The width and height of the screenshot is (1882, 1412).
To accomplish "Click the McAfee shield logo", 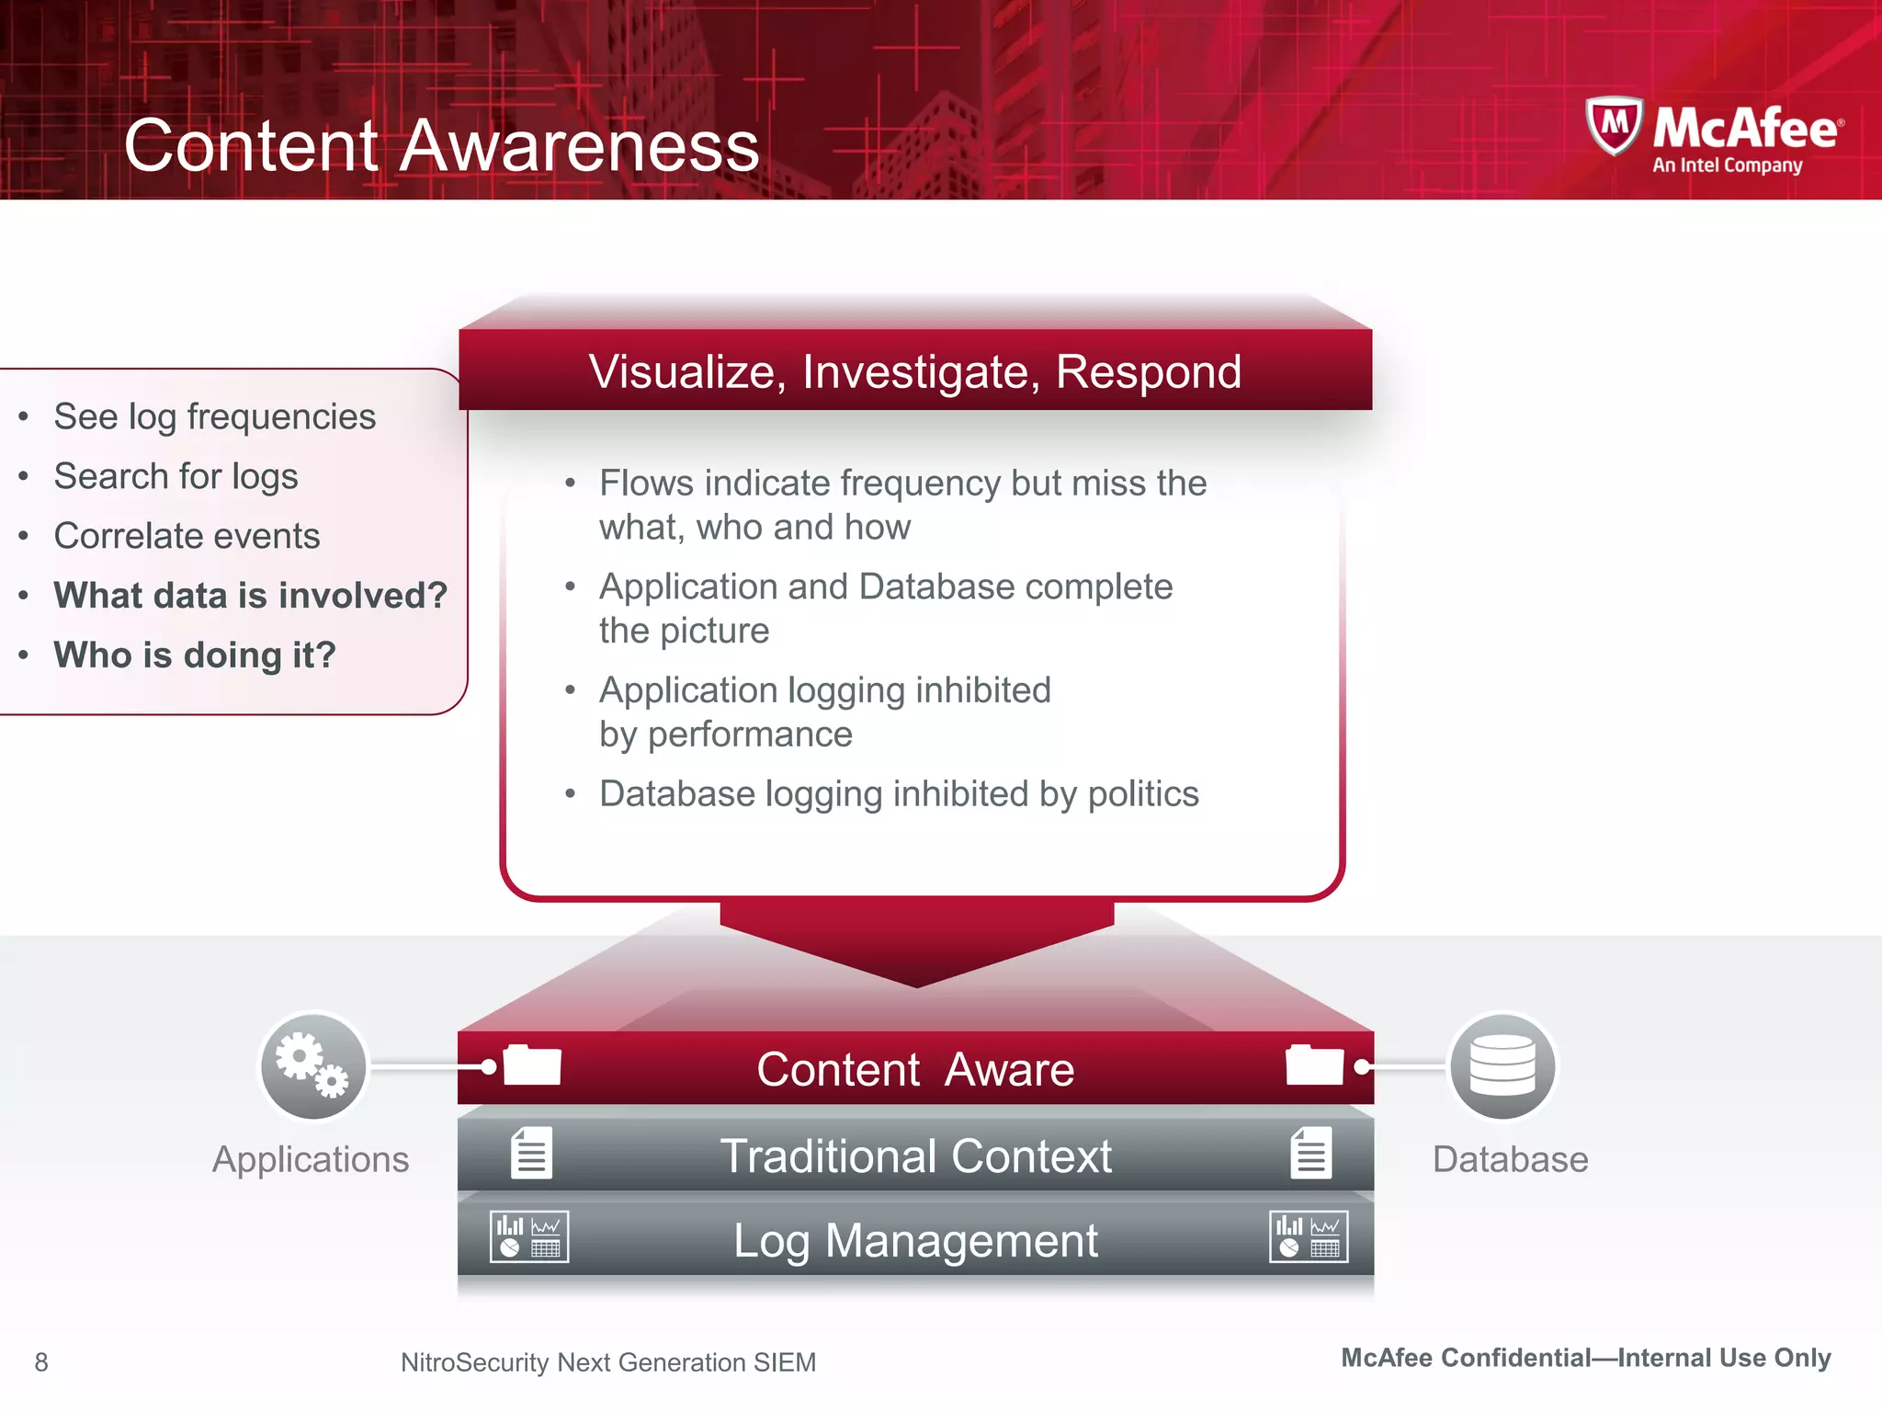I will tap(1614, 127).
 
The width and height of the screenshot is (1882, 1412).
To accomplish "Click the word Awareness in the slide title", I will tap(579, 146).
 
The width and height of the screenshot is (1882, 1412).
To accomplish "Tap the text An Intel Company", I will tap(1727, 166).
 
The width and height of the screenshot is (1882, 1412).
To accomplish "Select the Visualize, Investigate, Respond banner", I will tap(915, 371).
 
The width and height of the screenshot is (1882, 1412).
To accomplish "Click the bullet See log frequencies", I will tap(214, 416).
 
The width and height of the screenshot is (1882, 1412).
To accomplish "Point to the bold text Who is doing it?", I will tap(195, 655).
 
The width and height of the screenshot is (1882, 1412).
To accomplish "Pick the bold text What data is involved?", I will tap(250, 596).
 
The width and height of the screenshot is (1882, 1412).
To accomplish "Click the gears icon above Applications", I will tap(313, 1066).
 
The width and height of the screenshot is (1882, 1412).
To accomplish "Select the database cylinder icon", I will tap(1502, 1066).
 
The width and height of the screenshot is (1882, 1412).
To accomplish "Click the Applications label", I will tap(311, 1160).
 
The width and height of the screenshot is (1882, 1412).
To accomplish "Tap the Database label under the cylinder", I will tap(1510, 1160).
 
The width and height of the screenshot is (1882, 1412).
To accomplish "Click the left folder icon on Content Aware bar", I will tap(532, 1066).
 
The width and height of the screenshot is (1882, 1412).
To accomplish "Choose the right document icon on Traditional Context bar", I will tap(1310, 1153).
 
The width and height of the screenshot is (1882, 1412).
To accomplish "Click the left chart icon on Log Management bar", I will tap(529, 1237).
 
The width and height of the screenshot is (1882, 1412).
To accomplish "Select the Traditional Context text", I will tap(915, 1156).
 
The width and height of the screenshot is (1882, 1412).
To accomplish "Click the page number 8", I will tap(41, 1362).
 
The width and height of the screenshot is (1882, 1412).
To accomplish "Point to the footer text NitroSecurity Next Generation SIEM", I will tap(607, 1362).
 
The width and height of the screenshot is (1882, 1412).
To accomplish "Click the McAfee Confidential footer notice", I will tap(1586, 1358).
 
